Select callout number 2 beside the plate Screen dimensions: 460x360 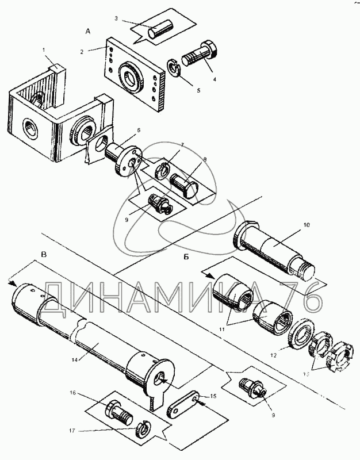click(x=82, y=51)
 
